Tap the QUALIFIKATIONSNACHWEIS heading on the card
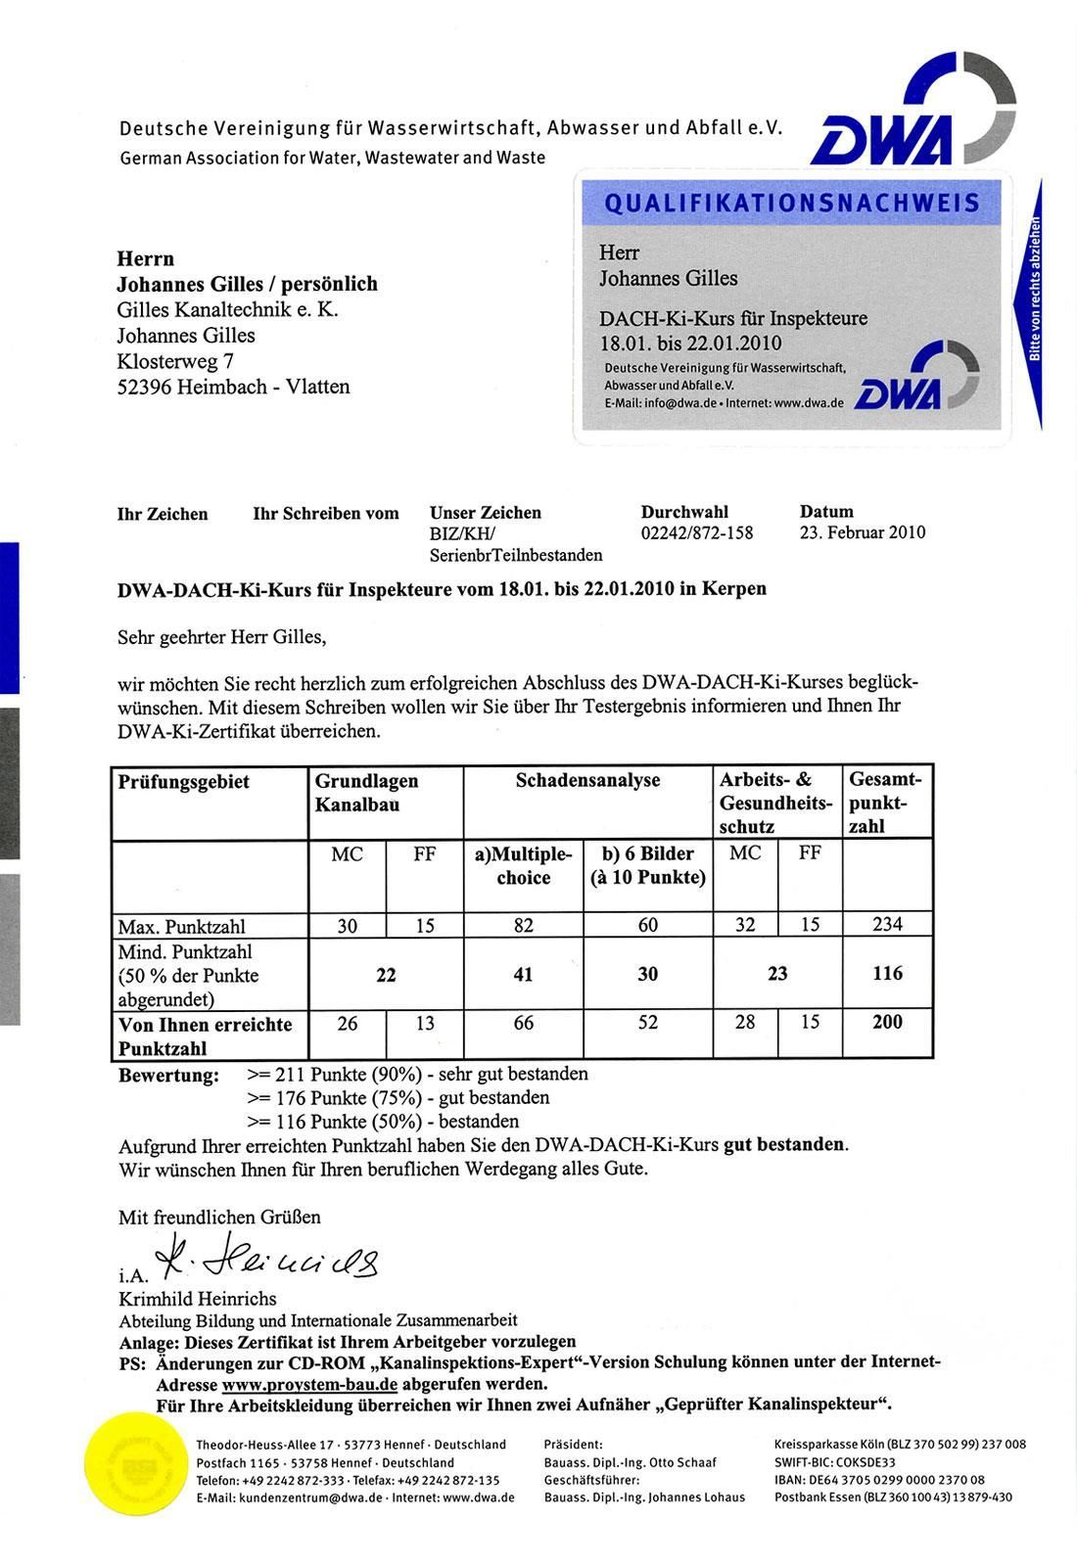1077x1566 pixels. [792, 204]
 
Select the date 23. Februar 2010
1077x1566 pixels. [862, 533]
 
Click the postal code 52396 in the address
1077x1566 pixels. [144, 387]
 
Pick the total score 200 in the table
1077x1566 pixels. [887, 1022]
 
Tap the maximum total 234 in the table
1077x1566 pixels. [887, 924]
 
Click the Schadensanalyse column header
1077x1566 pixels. [587, 781]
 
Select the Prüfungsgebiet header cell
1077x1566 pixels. [184, 782]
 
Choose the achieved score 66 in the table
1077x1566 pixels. [524, 1023]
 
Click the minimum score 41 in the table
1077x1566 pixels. [523, 974]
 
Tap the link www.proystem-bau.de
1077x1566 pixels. [309, 1385]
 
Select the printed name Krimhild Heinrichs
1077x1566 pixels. [197, 1300]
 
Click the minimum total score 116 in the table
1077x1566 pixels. [887, 974]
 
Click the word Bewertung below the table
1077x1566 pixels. [168, 1076]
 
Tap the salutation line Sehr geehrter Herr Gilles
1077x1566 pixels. [221, 637]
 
